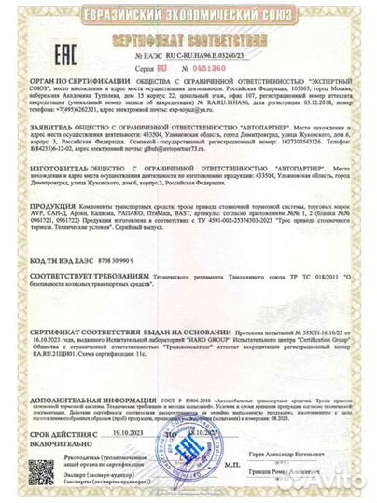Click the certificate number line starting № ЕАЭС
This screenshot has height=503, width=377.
click(189, 57)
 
